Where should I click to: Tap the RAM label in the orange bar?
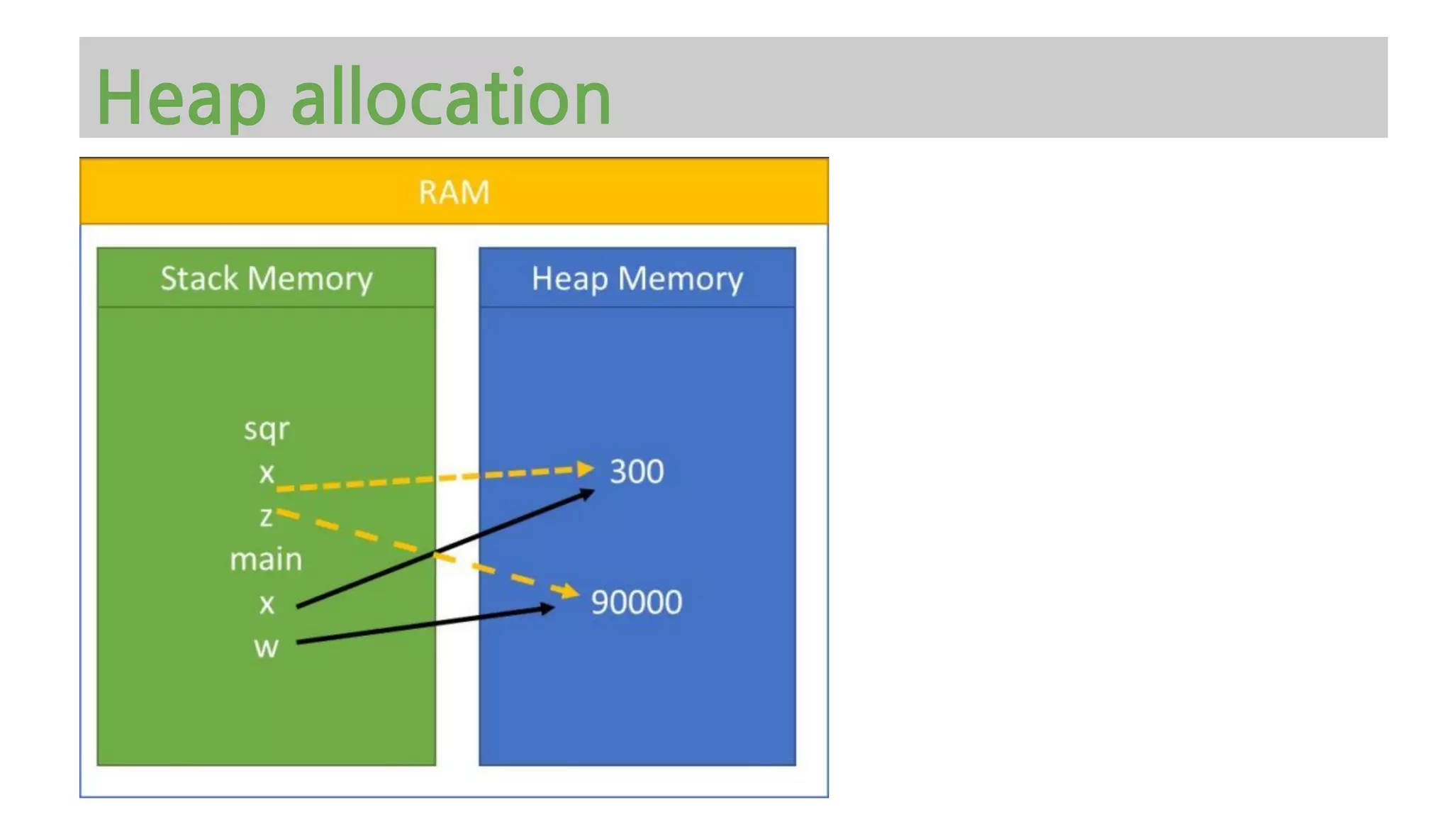454,192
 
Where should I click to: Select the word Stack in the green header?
199,278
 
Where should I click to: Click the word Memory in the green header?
310,279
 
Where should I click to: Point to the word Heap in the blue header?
570,279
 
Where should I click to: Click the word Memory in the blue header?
681,279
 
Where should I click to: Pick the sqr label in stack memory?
267,430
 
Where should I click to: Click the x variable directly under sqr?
267,473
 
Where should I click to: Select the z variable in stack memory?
266,516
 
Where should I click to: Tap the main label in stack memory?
266,560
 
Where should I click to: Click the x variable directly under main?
267,604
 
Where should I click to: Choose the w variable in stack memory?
267,648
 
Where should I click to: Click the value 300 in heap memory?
637,472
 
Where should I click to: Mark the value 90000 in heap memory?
636,602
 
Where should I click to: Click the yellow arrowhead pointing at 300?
586,469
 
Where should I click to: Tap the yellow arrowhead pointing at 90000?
571,591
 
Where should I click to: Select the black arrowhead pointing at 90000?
547,608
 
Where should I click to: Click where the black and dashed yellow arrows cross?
435,553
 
